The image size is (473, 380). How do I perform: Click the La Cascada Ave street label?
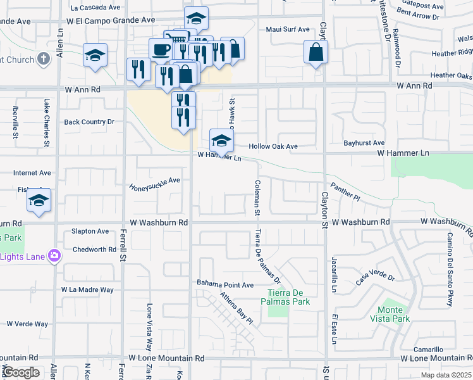(x=95, y=8)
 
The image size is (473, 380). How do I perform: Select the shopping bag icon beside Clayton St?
(x=316, y=53)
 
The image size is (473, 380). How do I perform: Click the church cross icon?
(x=43, y=60)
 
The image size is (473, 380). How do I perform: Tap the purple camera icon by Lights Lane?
(x=55, y=256)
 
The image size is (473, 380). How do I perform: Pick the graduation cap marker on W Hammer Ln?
(x=221, y=139)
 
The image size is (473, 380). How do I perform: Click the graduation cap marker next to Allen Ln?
(x=95, y=55)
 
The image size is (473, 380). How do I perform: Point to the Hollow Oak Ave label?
(x=273, y=146)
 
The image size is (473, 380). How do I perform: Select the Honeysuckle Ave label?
(x=155, y=184)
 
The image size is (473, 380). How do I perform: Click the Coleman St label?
(x=257, y=198)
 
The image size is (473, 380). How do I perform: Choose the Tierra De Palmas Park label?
(x=288, y=297)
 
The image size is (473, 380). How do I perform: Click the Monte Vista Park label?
(x=390, y=314)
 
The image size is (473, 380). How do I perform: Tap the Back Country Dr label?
(x=89, y=122)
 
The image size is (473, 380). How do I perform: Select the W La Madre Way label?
(x=87, y=289)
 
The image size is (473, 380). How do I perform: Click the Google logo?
(x=20, y=372)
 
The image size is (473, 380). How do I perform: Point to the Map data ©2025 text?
(x=446, y=375)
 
